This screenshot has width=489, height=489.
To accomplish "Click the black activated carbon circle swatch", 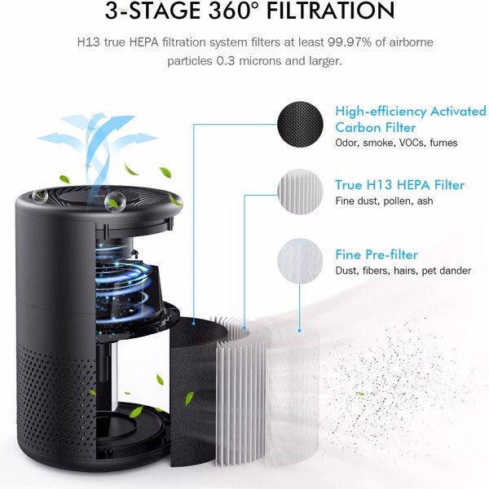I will click(x=302, y=125).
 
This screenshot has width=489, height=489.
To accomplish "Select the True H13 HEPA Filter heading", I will click(x=399, y=185).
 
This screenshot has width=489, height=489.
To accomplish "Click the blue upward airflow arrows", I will click(x=90, y=134).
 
